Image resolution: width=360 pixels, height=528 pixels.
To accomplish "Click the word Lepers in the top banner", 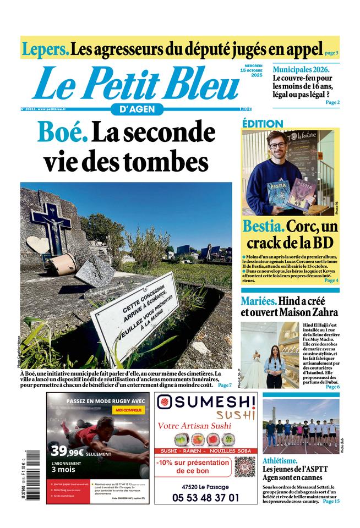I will click(x=46, y=49).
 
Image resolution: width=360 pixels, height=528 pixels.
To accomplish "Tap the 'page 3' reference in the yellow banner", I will click(x=331, y=53).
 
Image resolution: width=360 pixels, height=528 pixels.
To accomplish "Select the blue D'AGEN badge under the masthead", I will click(x=133, y=109).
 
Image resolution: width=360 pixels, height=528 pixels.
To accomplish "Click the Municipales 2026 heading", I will click(x=301, y=69).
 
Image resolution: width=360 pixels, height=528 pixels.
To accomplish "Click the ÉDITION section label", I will click(x=263, y=124).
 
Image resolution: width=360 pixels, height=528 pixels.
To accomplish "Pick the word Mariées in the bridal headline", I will click(x=258, y=301).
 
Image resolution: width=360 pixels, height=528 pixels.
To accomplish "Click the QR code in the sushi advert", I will click(x=244, y=466).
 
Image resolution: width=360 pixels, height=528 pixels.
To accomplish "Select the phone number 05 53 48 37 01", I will click(x=206, y=497).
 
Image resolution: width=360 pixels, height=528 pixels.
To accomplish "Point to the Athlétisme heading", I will click(x=280, y=460).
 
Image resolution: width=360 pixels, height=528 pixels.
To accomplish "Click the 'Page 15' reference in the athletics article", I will click(x=331, y=501).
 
